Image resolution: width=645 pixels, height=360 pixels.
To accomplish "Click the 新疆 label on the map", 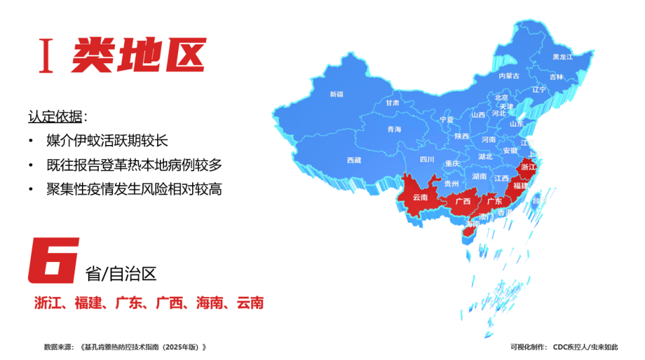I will tap(336, 94).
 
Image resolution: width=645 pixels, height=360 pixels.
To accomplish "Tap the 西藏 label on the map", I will tap(354, 160).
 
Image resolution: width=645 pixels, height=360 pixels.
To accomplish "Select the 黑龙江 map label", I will tap(562, 57).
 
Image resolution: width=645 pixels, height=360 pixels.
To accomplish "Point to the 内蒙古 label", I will tap(509, 76).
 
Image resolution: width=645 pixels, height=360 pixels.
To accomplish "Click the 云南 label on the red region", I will tap(421, 197).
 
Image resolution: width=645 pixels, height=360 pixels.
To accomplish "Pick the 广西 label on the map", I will tap(463, 201).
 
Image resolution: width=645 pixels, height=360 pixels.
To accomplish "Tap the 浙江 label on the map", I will tap(529, 167).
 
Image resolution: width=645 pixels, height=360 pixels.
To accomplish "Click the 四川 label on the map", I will tap(427, 160).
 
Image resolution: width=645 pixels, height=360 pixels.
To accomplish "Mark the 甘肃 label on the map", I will tap(392, 103).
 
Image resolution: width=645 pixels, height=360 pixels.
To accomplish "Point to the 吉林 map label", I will tap(556, 77).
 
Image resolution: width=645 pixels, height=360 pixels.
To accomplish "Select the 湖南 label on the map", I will tap(479, 176).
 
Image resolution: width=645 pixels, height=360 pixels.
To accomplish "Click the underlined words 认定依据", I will tap(55, 116).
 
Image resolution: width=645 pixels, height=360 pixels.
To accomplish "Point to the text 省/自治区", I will tap(121, 273).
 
